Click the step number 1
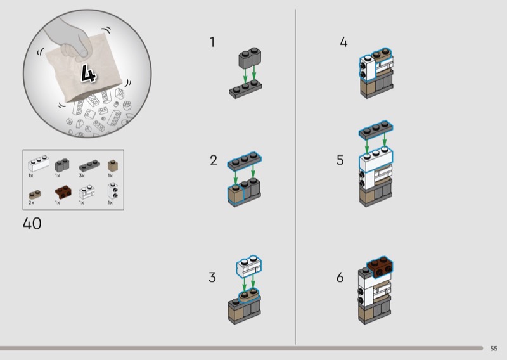point(212,42)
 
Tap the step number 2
point(214,160)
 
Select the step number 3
point(212,277)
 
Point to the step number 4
point(343,42)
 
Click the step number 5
point(340,160)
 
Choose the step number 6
point(340,277)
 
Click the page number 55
point(494,349)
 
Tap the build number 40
point(32,224)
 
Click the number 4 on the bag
point(88,74)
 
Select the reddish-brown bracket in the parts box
point(63,192)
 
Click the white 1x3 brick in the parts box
point(39,164)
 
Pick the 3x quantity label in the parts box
point(82,176)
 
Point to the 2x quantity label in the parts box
point(31,203)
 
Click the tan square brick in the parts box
point(113,165)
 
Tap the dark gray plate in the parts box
point(89,165)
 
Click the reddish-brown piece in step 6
point(380,267)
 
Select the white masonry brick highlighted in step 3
point(249,267)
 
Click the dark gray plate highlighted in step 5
point(376,130)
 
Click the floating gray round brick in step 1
point(250,58)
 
